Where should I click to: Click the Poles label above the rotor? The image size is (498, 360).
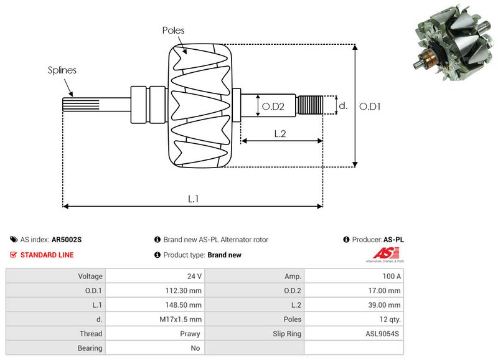tap(173, 30)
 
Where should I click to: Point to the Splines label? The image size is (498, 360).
tap(62, 70)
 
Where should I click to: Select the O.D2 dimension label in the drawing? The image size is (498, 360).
tap(273, 107)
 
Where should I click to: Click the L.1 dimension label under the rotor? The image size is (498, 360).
tap(194, 198)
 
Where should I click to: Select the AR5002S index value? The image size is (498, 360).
tap(67, 239)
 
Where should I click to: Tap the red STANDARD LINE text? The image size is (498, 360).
tap(47, 255)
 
